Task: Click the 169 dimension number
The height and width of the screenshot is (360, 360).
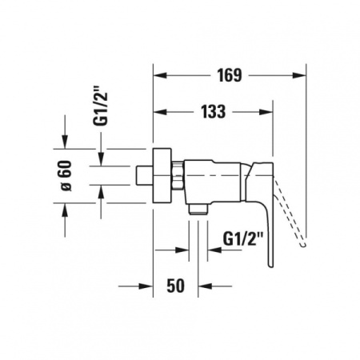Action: [229, 76]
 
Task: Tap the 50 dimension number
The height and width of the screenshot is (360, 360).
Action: [177, 285]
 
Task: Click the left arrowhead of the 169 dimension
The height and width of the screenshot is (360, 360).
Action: [158, 77]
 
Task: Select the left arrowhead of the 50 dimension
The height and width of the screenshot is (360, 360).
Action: [147, 285]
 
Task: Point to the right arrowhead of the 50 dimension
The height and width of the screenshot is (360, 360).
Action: [204, 285]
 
